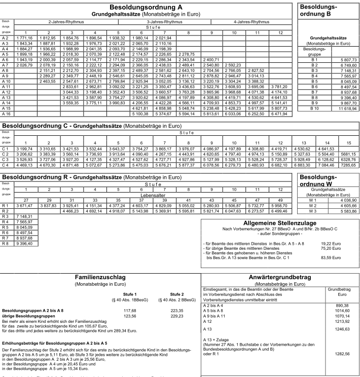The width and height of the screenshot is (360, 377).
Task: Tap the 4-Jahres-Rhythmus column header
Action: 251,22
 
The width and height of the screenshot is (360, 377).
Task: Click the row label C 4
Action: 7,165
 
